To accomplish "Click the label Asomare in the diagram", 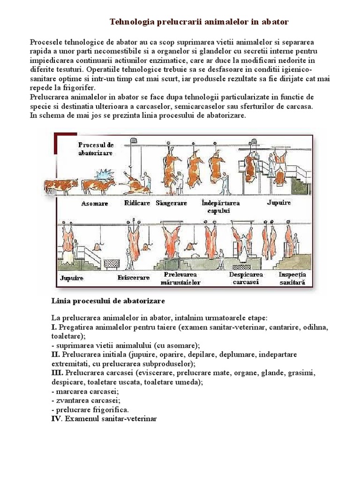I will click(94, 204).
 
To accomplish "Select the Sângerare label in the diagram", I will click(172, 203).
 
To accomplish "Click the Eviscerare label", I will click(133, 277).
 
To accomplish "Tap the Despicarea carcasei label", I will click(246, 278).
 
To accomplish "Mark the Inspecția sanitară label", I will click(292, 278).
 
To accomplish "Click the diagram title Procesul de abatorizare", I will click(96, 149).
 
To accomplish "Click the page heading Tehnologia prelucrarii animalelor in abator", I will click(199, 22).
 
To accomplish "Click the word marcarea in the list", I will click(69, 391).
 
